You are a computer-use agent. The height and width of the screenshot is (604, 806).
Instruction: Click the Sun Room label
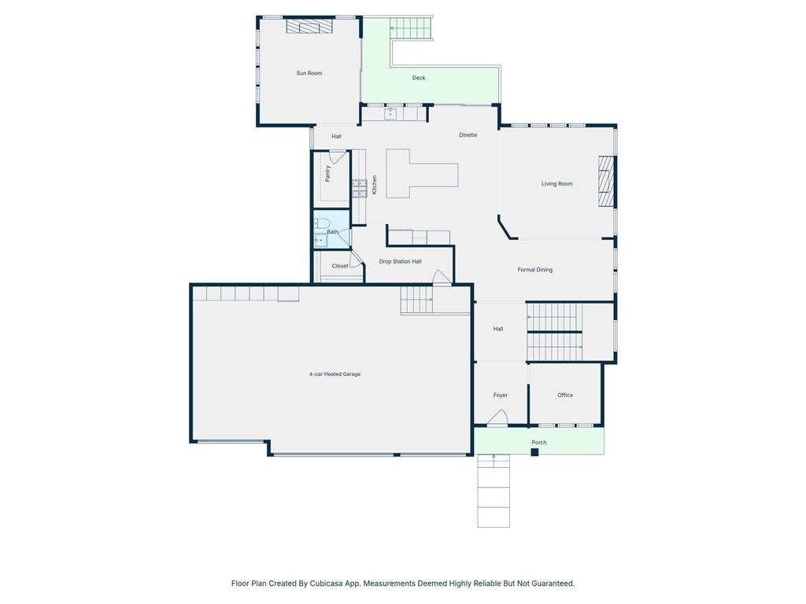[309, 73]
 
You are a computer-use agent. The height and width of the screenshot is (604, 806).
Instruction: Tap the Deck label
[419, 78]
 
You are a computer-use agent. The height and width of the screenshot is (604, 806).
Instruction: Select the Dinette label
[468, 135]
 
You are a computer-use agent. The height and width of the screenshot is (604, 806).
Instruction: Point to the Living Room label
[556, 184]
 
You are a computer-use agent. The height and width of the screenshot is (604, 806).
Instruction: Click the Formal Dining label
[534, 270]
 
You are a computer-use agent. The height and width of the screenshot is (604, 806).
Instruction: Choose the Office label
[565, 395]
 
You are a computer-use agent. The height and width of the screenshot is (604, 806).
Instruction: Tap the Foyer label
[500, 395]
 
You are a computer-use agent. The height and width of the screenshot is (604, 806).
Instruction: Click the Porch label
[538, 442]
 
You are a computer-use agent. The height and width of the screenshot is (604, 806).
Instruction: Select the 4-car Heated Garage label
[335, 374]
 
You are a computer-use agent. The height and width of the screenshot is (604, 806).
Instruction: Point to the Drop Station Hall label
[400, 261]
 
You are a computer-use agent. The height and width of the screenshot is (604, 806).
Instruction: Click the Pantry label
[328, 174]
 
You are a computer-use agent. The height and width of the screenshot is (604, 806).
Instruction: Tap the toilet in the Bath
[322, 223]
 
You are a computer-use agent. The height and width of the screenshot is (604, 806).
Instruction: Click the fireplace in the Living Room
[607, 182]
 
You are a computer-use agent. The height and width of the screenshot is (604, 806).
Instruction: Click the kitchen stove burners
[359, 189]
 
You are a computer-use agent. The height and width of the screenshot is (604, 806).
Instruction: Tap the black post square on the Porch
[534, 452]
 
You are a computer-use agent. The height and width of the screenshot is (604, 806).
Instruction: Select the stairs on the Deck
[409, 28]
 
